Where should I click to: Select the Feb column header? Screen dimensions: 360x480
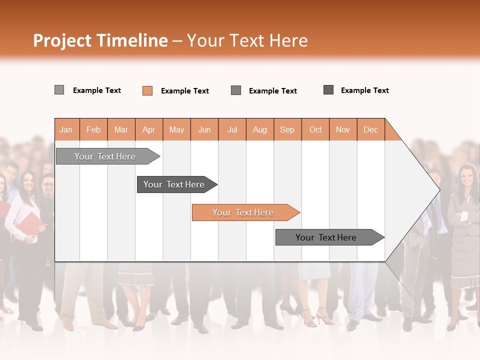click(x=93, y=129)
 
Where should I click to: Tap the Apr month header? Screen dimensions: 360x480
click(x=148, y=129)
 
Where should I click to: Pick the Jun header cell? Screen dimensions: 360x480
click(x=204, y=129)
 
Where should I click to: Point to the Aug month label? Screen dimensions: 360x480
click(x=259, y=129)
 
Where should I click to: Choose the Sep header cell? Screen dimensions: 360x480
click(x=287, y=129)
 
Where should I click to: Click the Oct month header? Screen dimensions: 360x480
click(x=315, y=129)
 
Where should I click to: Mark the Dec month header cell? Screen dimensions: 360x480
click(x=370, y=129)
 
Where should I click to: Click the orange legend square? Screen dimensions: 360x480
click(x=147, y=90)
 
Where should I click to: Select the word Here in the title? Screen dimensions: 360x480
click(x=288, y=40)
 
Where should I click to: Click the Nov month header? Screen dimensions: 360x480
click(x=343, y=129)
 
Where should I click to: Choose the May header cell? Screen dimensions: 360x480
click(x=176, y=129)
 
